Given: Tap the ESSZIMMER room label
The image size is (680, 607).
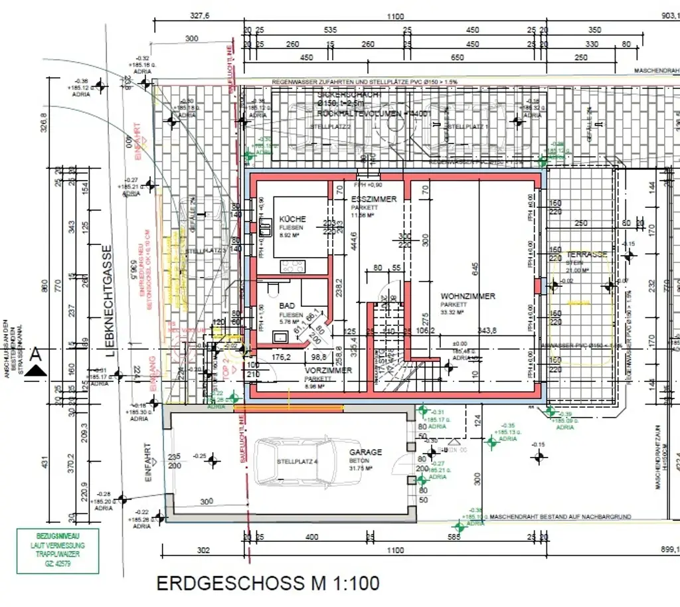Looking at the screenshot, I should (373, 199).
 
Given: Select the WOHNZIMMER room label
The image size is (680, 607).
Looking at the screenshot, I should (467, 296).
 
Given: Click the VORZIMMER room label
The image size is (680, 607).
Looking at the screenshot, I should (328, 371).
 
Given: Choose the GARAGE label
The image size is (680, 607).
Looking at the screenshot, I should (366, 452).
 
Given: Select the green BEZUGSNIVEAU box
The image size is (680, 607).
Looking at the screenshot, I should (58, 551).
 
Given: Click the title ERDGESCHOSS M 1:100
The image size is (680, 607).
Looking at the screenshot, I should (268, 584).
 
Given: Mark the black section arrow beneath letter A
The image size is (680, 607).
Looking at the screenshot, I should (36, 371).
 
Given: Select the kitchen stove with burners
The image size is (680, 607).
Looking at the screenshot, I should (292, 266).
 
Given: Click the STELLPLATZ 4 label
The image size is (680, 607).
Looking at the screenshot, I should (296, 461).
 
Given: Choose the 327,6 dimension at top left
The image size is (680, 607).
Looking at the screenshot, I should (200, 17).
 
